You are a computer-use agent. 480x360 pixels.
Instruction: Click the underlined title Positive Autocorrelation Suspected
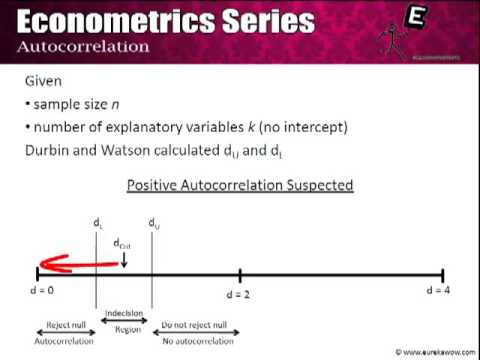coord(239,186)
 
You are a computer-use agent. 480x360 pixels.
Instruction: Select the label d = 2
coord(241,295)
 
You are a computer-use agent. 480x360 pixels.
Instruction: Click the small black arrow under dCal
coord(124,258)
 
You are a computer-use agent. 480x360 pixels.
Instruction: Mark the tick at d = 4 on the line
coord(443,273)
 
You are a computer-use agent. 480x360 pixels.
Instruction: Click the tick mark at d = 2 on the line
coord(240,273)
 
